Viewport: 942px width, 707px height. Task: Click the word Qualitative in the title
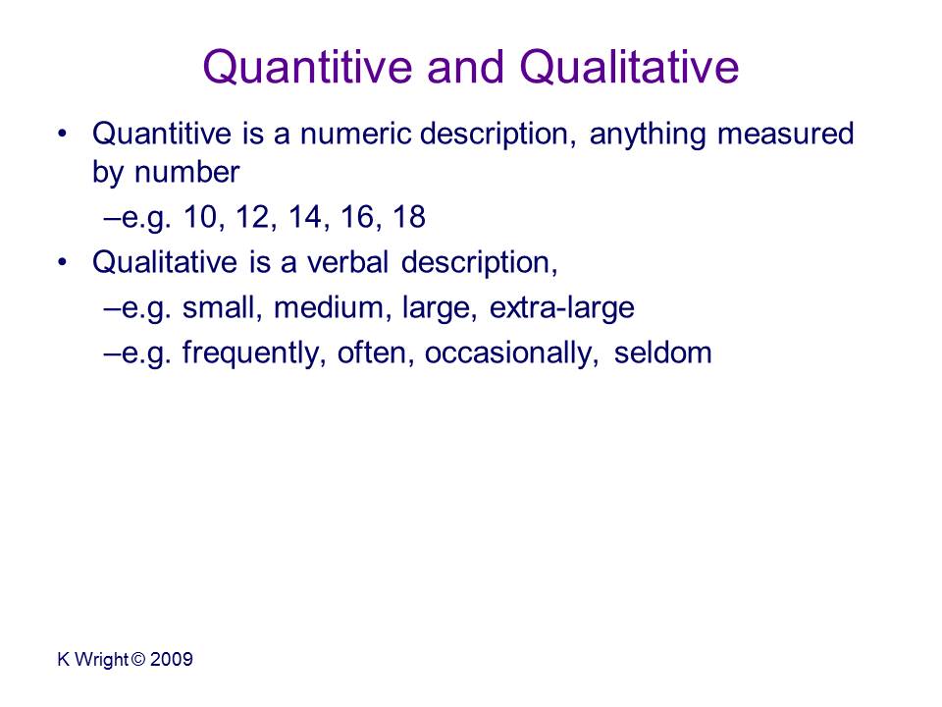(629, 67)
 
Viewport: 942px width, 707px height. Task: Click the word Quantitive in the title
(307, 67)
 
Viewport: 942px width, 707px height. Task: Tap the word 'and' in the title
(465, 67)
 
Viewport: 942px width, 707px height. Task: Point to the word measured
(786, 134)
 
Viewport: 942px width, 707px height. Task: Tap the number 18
(409, 217)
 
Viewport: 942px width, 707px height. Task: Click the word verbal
(347, 263)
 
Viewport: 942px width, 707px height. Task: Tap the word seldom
(662, 353)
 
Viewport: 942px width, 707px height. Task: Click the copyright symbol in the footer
(138, 660)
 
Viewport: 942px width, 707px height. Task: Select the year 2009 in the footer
(171, 660)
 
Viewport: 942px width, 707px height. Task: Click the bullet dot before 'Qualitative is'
(63, 262)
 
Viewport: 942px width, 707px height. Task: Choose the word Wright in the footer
(101, 660)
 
